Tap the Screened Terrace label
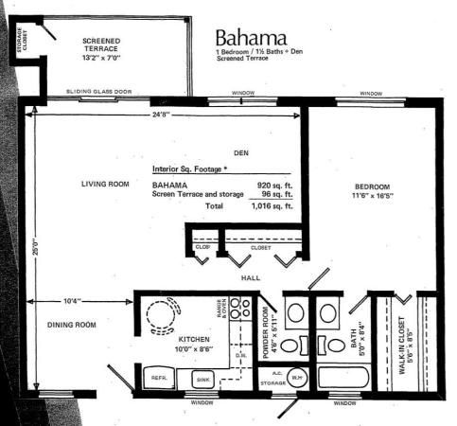point(100,48)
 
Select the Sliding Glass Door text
point(100,92)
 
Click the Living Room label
point(104,184)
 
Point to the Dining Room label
point(73,325)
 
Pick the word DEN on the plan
point(239,152)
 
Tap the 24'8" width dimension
point(159,115)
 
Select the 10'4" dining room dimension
point(72,301)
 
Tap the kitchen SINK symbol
point(202,379)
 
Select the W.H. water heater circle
point(296,377)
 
